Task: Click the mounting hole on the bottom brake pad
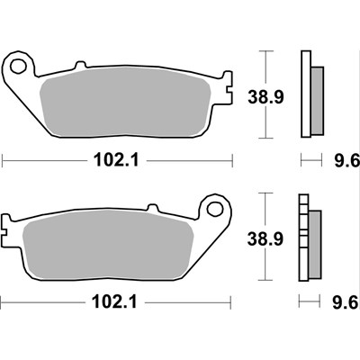click(215, 210)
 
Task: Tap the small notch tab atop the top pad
click(78, 65)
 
